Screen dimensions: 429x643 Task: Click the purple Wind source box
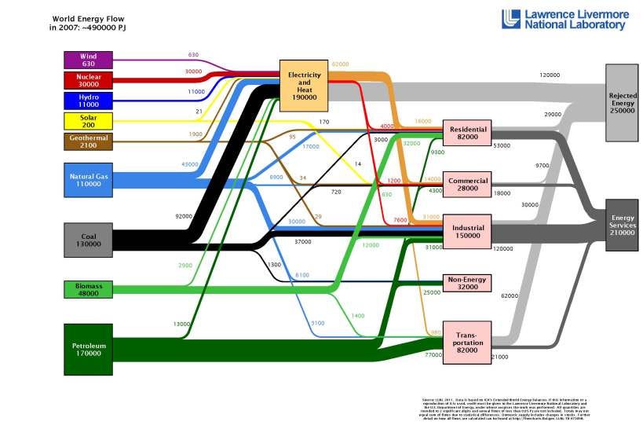(x=88, y=60)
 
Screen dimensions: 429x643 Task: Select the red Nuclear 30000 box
(x=88, y=80)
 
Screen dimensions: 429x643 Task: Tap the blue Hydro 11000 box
(x=88, y=101)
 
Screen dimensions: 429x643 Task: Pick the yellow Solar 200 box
(x=88, y=121)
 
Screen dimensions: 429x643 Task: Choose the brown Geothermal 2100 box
(x=88, y=141)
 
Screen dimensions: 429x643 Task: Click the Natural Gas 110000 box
(x=88, y=180)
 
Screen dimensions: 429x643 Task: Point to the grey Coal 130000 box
(x=88, y=240)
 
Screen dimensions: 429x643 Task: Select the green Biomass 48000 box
(x=88, y=289)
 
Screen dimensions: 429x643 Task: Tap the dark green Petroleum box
(x=88, y=349)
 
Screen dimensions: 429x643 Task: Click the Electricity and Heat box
(x=305, y=86)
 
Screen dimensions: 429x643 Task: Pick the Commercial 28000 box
(x=468, y=184)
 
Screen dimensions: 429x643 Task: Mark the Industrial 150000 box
(x=468, y=231)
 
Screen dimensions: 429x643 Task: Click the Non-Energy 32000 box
(x=468, y=283)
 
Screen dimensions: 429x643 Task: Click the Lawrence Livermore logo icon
(x=512, y=19)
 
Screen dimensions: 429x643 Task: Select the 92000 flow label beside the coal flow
(x=184, y=215)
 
